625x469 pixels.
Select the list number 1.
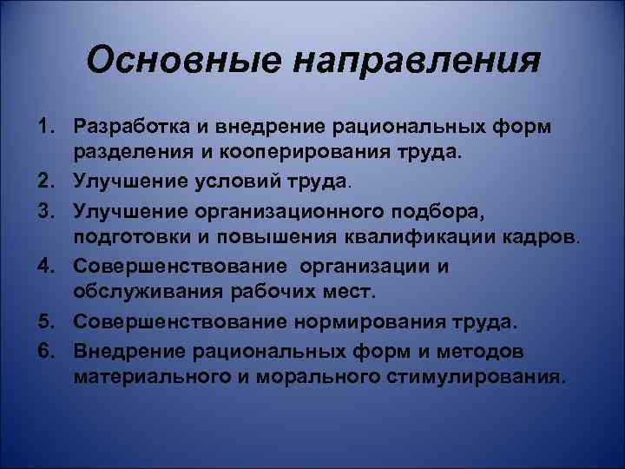(x=43, y=127)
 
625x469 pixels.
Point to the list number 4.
(x=43, y=266)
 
